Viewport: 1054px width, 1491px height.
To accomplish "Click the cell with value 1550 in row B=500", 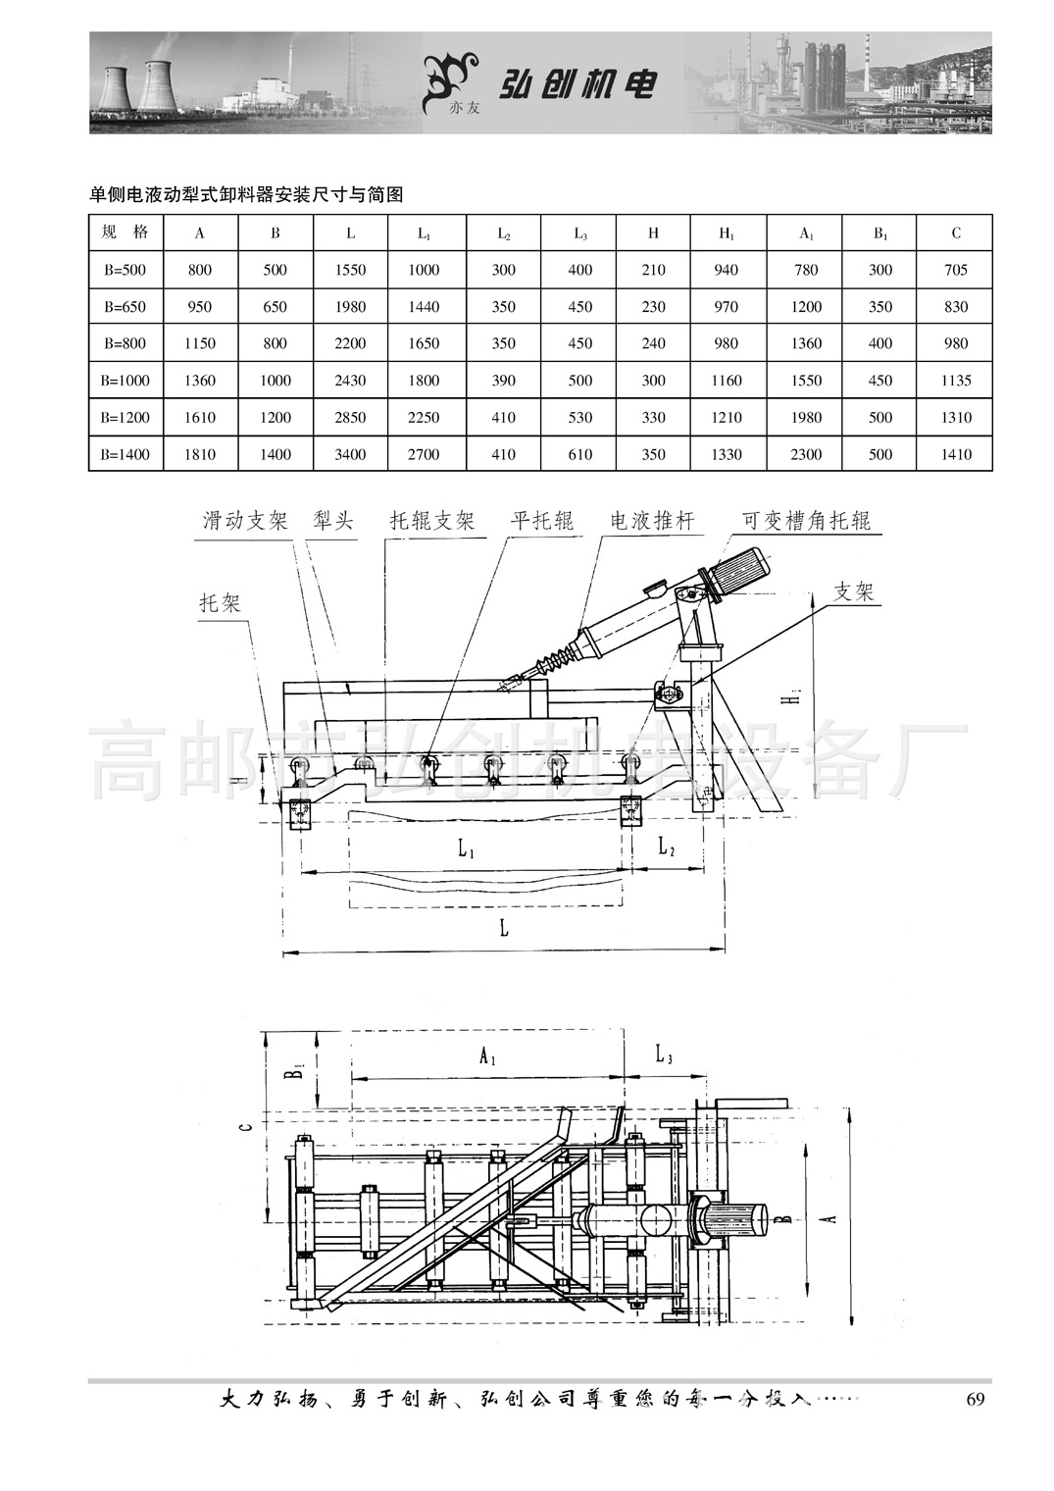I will point(350,270).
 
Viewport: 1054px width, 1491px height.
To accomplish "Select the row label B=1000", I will point(125,381).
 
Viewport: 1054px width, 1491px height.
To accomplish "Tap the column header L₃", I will point(580,233).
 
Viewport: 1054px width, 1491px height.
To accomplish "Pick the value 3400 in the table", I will point(350,454).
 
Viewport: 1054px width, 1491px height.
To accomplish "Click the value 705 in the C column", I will point(955,270).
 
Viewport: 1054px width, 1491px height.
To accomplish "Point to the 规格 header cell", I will point(125,233).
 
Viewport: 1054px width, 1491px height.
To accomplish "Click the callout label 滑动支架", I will point(245,521).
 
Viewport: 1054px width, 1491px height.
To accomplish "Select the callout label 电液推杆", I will point(652,521).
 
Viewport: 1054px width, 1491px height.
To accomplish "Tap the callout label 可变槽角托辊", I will point(806,521).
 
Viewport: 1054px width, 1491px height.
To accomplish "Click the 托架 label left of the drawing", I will point(221,602).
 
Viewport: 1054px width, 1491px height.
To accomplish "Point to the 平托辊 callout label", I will point(542,521).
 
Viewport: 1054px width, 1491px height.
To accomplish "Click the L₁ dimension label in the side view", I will point(467,849).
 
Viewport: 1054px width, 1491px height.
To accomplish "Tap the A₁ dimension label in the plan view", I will point(487,1057).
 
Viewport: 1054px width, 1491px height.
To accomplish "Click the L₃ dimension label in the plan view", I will point(664,1055).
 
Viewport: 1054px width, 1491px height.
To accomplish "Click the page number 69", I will point(975,1399).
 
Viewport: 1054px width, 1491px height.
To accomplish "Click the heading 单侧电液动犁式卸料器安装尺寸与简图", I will point(246,195).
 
